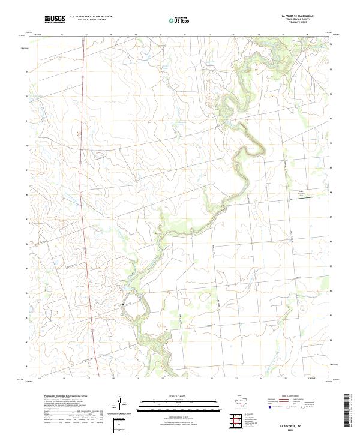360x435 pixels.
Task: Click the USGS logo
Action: [55, 20]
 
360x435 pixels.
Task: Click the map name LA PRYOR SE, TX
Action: [296, 424]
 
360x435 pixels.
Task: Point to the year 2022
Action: [296, 428]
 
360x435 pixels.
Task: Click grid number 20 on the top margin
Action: [161, 35]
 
